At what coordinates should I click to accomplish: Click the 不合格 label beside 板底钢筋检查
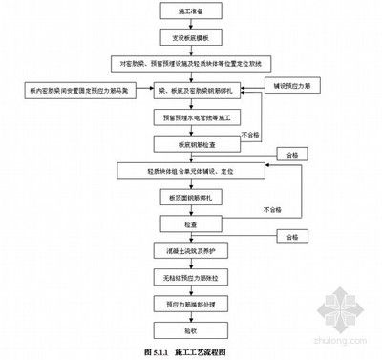point(251,135)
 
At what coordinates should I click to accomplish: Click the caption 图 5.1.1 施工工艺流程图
point(187,351)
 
